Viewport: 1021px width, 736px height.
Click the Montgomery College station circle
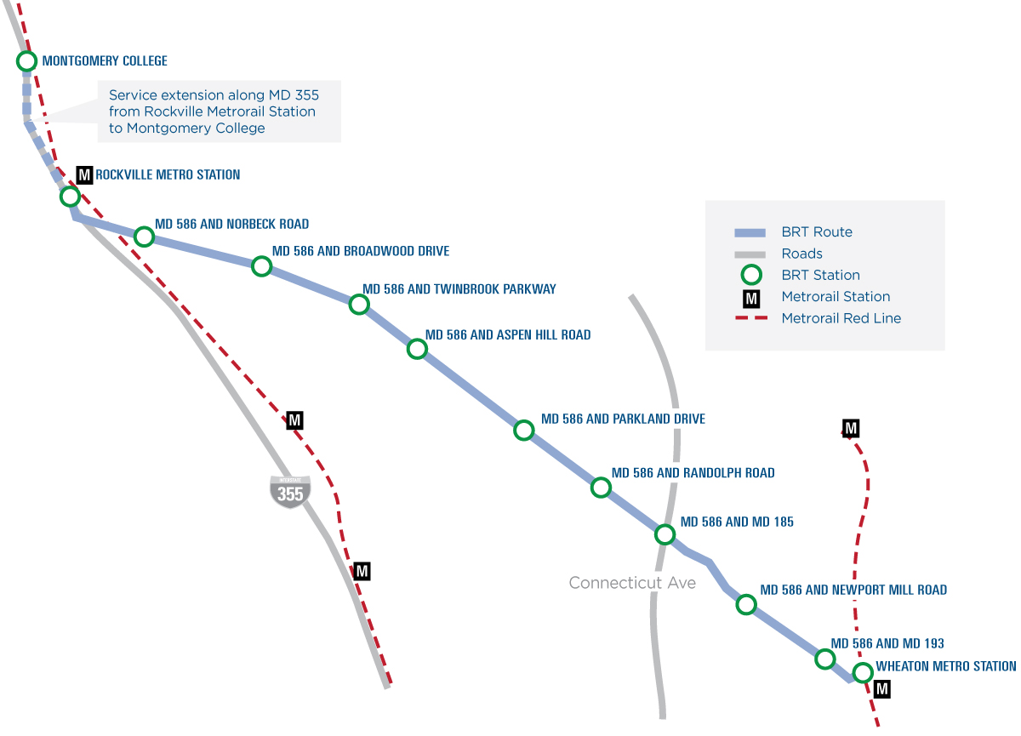(x=26, y=61)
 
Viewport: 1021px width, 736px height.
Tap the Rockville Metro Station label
(x=168, y=175)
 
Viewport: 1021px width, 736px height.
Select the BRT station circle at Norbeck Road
(x=144, y=236)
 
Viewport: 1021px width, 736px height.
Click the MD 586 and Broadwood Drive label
(x=360, y=252)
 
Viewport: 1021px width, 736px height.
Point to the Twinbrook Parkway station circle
(x=359, y=305)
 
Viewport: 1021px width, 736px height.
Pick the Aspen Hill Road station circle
(x=417, y=349)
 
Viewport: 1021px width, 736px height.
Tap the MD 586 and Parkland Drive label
(x=623, y=419)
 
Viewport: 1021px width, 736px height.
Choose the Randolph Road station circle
(x=601, y=488)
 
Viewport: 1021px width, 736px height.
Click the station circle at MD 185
(x=665, y=534)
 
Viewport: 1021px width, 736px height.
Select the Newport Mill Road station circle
(x=746, y=605)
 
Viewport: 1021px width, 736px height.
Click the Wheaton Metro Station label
(x=946, y=666)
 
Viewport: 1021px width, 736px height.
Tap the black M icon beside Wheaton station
(x=882, y=689)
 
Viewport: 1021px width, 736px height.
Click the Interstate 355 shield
(x=290, y=492)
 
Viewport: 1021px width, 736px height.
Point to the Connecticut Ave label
(x=632, y=583)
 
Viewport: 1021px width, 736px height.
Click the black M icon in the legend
(x=751, y=297)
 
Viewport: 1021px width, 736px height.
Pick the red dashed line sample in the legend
(x=751, y=318)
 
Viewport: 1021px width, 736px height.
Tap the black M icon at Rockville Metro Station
(x=84, y=175)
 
